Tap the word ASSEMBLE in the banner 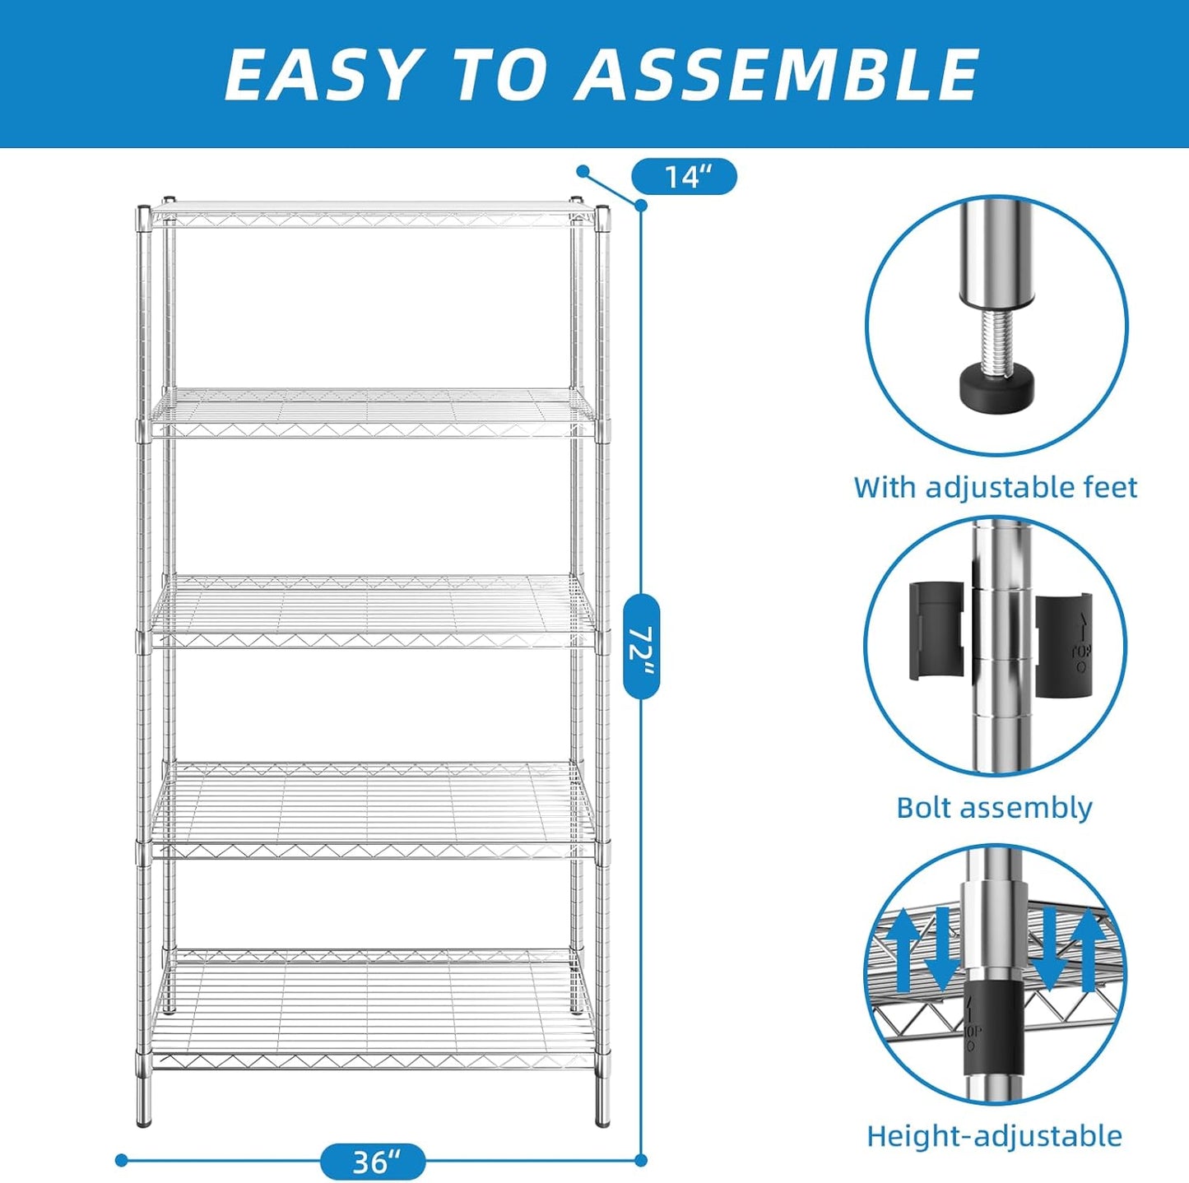coord(778,75)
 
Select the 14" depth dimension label coord(684,177)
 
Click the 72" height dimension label coord(641,646)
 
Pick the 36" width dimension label coord(373,1162)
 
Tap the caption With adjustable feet coord(995,487)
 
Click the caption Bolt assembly coord(994,808)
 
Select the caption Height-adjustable coord(994,1136)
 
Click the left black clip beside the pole coord(936,631)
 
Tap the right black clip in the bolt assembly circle coord(1063,643)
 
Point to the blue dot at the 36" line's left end coord(122,1160)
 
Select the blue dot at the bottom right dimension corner coord(641,1160)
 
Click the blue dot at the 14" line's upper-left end coord(583,171)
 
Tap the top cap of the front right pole coord(602,211)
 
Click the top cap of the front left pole coord(143,212)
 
